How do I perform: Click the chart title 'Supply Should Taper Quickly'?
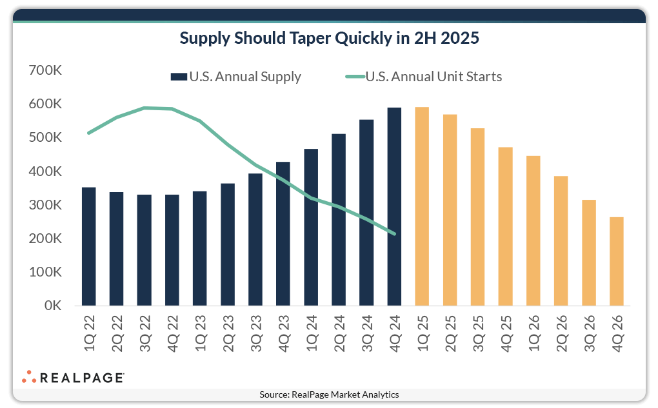[329, 38]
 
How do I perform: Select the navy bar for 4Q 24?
[394, 206]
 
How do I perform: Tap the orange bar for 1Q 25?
[422, 206]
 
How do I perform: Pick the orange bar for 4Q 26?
[617, 261]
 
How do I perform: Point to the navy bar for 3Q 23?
[255, 239]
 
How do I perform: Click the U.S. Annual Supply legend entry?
[236, 77]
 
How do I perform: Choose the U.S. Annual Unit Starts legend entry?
[424, 77]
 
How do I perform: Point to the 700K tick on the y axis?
[45, 70]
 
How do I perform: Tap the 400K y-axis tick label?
[45, 171]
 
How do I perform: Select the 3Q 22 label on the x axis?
[145, 332]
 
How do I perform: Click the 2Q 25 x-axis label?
[450, 332]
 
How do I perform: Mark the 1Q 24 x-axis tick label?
[312, 332]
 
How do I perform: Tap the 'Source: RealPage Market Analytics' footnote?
[329, 394]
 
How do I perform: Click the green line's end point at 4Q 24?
[394, 233]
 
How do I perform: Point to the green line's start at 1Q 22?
[88, 133]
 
